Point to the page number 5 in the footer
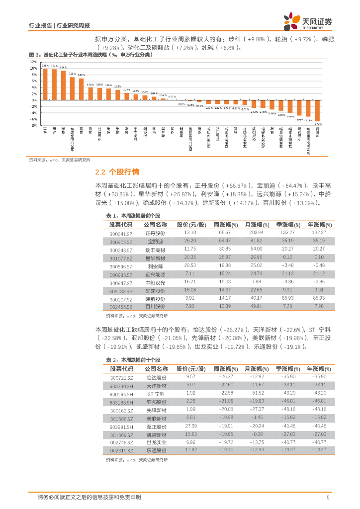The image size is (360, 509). (x=328, y=497)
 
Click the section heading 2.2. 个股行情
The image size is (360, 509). (x=117, y=172)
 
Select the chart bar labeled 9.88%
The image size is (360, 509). (x=45, y=84)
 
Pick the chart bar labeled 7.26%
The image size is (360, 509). (x=72, y=88)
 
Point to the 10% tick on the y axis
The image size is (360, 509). (x=34, y=68)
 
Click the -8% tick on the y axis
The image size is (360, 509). (x=34, y=126)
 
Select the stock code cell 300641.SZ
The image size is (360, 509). (x=121, y=233)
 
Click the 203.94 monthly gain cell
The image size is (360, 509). (x=256, y=233)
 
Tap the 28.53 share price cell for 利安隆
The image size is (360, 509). (x=190, y=266)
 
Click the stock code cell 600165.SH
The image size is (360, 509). (x=121, y=394)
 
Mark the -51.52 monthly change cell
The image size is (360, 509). (x=256, y=394)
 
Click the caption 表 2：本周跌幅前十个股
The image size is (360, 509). (x=133, y=359)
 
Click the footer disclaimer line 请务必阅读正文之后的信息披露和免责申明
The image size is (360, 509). (x=89, y=497)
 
